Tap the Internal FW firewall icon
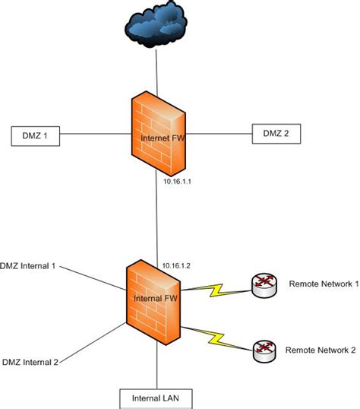point(156,299)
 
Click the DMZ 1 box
point(35,137)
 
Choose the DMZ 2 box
point(275,135)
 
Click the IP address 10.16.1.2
point(175,265)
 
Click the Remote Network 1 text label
point(322,284)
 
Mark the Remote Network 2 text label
point(320,350)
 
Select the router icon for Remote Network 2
point(262,349)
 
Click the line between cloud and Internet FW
point(156,73)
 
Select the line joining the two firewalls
point(156,220)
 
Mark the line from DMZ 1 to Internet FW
point(91,137)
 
